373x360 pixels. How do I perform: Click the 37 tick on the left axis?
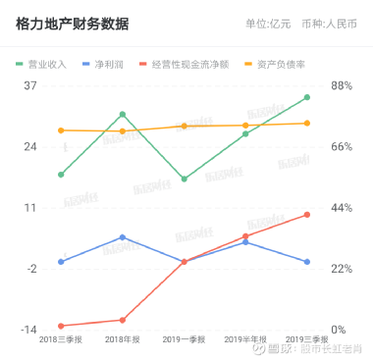29,85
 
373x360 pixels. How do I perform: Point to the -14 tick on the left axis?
28,330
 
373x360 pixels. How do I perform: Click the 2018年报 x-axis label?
122,340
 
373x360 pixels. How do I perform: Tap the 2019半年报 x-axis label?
245,340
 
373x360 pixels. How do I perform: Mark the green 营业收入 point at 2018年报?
122,114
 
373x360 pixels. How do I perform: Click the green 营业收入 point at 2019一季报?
184,180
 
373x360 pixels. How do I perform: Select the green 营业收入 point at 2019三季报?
307,97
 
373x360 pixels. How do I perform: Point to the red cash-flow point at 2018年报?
122,320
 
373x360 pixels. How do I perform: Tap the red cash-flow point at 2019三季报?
307,214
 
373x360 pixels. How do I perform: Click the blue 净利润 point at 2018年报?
122,236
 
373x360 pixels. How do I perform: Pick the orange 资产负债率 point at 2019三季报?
307,124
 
